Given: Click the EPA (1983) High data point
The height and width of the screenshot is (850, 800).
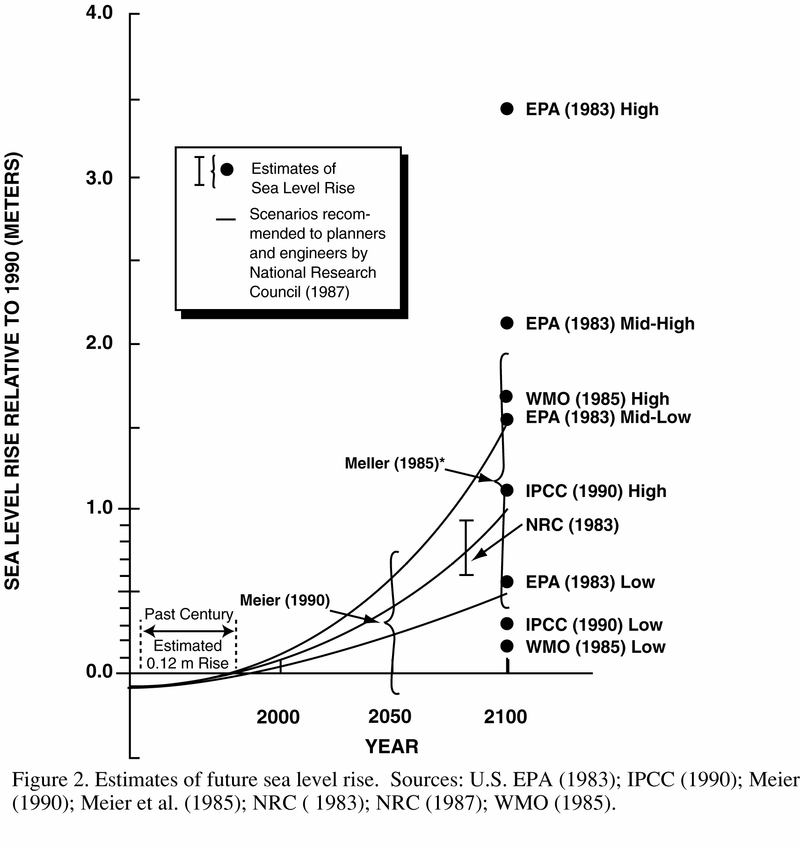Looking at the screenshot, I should pyautogui.click(x=507, y=109).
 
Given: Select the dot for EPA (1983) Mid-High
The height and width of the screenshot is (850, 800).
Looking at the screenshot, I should pyautogui.click(x=507, y=323).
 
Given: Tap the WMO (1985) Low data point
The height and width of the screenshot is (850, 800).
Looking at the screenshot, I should pyautogui.click(x=507, y=646).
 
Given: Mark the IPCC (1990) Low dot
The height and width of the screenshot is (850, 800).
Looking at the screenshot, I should pyautogui.click(x=507, y=623).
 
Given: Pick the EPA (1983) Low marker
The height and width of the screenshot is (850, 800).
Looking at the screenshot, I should pyautogui.click(x=507, y=582).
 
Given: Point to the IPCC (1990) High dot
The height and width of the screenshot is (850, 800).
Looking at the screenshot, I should pyautogui.click(x=507, y=490).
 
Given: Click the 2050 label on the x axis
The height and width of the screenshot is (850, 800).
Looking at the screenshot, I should pyautogui.click(x=390, y=716).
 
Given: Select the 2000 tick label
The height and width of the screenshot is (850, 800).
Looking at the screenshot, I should pyautogui.click(x=278, y=717).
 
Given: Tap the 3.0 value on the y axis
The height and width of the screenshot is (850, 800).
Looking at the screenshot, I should pyautogui.click(x=99, y=178).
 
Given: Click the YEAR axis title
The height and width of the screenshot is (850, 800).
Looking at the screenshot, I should pyautogui.click(x=392, y=747).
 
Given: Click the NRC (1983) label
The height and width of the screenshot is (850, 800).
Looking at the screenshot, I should pyautogui.click(x=572, y=525).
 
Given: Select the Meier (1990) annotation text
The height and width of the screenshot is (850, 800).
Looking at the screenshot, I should pyautogui.click(x=285, y=600).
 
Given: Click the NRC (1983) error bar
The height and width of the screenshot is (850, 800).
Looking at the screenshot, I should pyautogui.click(x=466, y=547).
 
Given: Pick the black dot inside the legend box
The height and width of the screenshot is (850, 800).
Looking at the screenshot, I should pyautogui.click(x=227, y=169).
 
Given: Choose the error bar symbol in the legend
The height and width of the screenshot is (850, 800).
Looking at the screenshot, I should pyautogui.click(x=200, y=171).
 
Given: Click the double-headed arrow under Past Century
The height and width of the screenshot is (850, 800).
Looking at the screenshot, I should pyautogui.click(x=189, y=631).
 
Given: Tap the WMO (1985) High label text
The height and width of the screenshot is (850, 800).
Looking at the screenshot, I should pyautogui.click(x=597, y=399).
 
